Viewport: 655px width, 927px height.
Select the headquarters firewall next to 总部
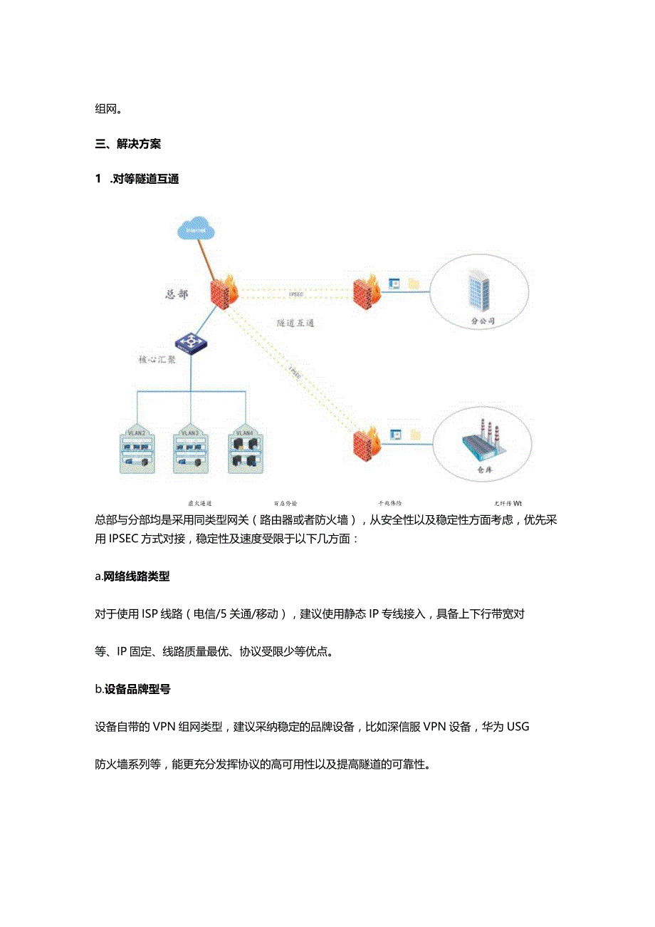pyautogui.click(x=226, y=290)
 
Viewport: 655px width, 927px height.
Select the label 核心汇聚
pyautogui.click(x=157, y=360)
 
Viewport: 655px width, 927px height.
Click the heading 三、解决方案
pyautogui.click(x=128, y=144)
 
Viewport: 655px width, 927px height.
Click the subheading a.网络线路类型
pyautogui.click(x=132, y=577)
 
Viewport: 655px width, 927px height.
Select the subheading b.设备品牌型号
pyautogui.click(x=132, y=689)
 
